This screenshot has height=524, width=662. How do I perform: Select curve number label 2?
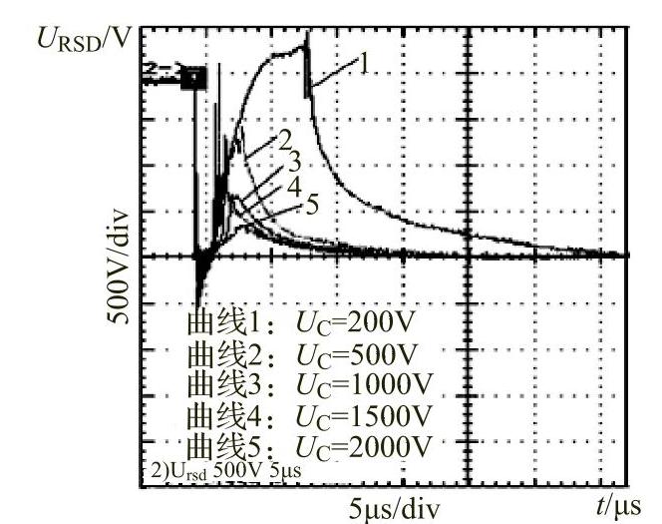coord(284,137)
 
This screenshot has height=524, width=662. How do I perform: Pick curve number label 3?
coord(293,161)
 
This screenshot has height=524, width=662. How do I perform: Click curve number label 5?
coord(311,206)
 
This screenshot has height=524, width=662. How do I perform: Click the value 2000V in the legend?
coord(396,442)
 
